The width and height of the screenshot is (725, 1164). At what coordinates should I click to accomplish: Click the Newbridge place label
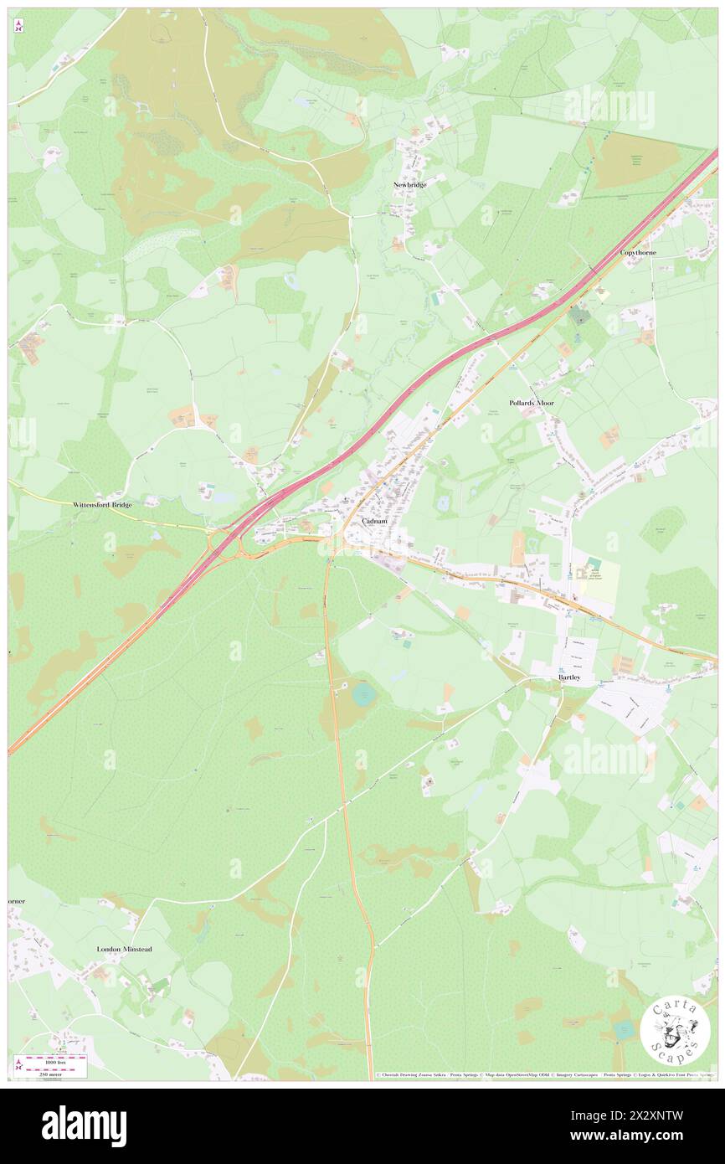pos(410,184)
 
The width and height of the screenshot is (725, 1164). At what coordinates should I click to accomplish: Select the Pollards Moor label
pos(532,403)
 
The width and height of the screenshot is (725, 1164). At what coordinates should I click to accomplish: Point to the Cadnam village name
pos(373,521)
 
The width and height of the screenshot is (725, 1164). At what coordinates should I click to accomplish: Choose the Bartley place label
pos(569,677)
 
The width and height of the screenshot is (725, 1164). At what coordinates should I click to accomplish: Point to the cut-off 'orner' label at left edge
pos(17,901)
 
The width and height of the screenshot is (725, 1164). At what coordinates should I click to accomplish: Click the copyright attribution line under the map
pos(544,1075)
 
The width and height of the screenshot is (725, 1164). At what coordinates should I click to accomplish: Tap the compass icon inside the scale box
pos(19,1065)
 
